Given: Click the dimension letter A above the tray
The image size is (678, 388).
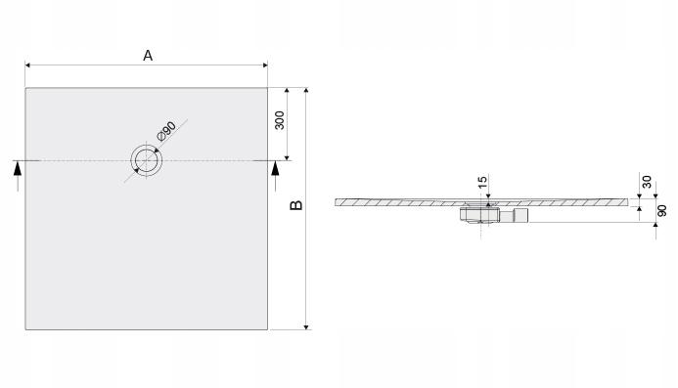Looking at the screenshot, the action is tap(147, 56).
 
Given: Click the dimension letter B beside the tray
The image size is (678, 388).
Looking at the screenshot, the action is tap(295, 204).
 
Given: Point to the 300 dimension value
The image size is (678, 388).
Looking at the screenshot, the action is tap(280, 121).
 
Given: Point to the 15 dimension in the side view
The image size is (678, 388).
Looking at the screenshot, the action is tap(482, 183).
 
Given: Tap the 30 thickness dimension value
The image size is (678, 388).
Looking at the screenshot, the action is tap(647, 183).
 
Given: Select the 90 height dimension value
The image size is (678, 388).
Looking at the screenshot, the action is tap(662, 210).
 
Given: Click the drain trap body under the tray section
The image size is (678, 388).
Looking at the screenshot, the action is tap(479, 212).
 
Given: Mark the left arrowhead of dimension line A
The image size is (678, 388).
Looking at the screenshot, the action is tap(28, 65).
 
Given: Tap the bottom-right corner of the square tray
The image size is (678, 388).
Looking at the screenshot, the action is tap(267, 329).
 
